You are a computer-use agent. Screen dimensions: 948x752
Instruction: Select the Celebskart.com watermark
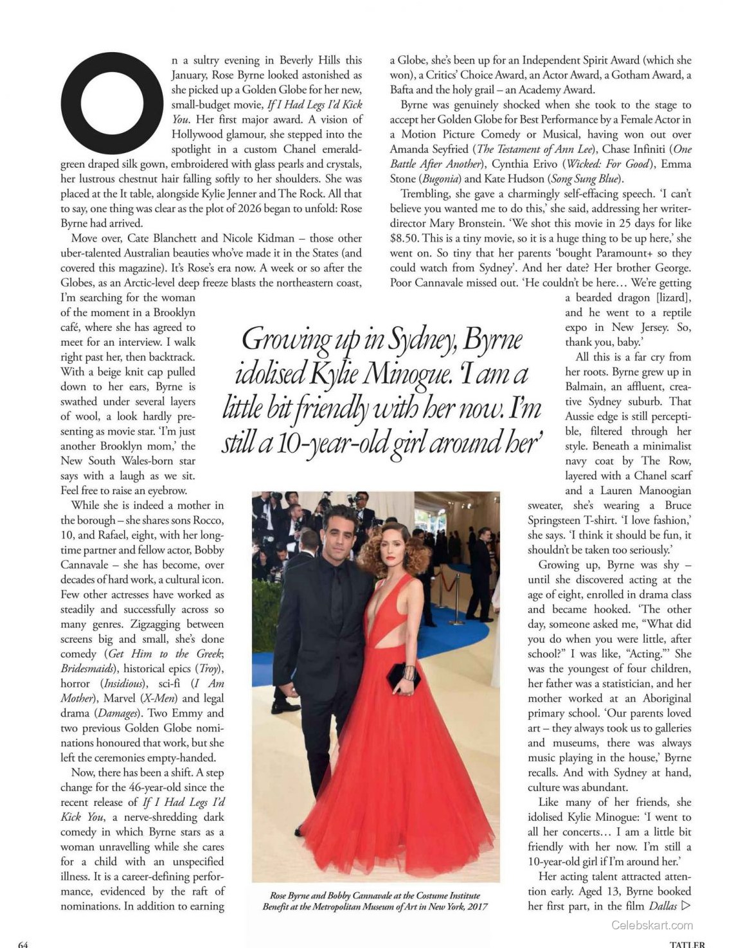652,926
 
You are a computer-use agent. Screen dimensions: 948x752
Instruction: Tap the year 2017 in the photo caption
476,906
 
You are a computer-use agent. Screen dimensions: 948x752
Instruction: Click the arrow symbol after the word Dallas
685,906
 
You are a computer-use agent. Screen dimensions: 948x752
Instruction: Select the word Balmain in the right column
584,386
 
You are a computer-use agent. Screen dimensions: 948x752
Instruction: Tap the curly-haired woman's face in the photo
391,554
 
